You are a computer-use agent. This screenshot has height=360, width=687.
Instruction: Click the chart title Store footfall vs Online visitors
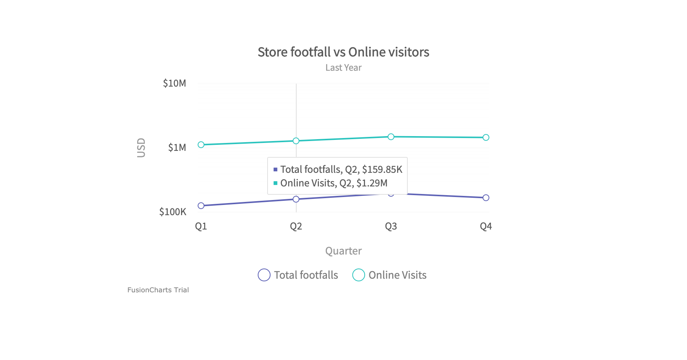[343, 52]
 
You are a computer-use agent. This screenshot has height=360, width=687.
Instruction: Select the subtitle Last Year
[343, 68]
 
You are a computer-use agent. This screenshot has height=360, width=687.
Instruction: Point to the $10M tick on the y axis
[174, 83]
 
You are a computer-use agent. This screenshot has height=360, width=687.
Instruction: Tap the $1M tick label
[177, 147]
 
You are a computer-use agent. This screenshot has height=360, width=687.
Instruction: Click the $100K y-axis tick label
[173, 212]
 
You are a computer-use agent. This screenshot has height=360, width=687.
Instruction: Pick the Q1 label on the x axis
[201, 227]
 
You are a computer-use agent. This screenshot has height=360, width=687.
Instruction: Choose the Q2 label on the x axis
[296, 227]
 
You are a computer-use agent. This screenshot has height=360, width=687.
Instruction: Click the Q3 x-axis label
[391, 227]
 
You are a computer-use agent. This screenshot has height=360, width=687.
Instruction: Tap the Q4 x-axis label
[486, 227]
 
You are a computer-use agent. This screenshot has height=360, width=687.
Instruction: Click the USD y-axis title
[141, 147]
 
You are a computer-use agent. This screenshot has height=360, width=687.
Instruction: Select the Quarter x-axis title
[343, 251]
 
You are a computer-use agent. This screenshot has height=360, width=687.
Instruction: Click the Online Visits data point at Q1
[201, 145]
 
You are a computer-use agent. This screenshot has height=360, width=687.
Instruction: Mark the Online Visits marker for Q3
[391, 137]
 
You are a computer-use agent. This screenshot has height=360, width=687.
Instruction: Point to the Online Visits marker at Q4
[486, 138]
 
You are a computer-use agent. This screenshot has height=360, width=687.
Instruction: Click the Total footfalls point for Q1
[201, 206]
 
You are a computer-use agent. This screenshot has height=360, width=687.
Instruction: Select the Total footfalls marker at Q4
[486, 198]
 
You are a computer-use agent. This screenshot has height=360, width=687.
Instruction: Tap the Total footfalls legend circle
[264, 275]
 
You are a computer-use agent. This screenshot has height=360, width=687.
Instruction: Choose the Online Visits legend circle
[359, 275]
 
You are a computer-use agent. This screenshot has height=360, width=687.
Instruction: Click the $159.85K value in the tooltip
[382, 169]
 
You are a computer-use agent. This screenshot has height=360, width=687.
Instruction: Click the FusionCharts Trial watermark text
[158, 290]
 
